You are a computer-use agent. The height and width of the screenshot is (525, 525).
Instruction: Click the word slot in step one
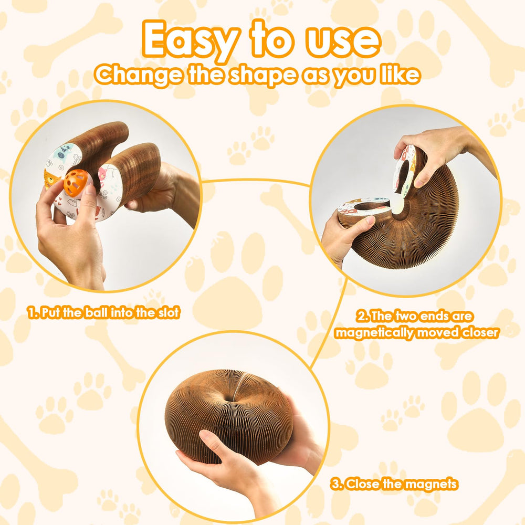click(x=166, y=313)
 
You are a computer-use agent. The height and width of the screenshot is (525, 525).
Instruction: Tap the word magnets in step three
click(x=430, y=484)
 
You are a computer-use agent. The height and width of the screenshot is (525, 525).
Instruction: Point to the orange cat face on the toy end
click(x=51, y=178)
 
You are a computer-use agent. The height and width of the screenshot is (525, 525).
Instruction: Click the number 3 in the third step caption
click(x=334, y=484)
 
